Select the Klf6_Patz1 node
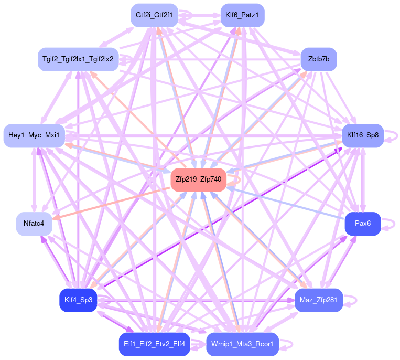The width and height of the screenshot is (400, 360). point(242,15)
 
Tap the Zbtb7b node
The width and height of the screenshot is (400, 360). point(318,59)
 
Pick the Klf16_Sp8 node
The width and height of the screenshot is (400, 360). point(363,135)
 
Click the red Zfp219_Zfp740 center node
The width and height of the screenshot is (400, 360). point(198,179)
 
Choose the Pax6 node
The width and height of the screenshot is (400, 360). point(362,224)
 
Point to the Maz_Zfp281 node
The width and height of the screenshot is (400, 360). point(319,300)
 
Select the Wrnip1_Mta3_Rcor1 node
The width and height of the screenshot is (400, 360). point(242,344)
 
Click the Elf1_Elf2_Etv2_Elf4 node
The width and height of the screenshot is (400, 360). point(154,344)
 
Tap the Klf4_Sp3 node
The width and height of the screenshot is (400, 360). point(78,300)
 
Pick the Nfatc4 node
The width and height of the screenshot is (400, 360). point(34,224)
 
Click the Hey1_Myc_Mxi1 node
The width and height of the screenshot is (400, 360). point(34,135)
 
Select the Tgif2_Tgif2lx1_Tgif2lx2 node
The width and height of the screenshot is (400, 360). point(79,59)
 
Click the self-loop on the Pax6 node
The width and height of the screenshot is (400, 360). point(390,224)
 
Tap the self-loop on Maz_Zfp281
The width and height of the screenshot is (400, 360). point(353,300)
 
